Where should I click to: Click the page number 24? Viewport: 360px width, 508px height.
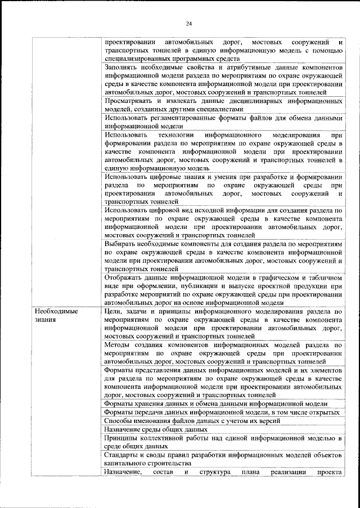[189, 23]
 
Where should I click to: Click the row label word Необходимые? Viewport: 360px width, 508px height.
[56, 311]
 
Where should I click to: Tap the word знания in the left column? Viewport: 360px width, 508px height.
[44, 320]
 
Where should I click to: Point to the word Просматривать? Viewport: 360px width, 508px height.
[130, 101]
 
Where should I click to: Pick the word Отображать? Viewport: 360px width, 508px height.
[125, 278]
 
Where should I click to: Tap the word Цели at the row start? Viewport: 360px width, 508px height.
[114, 311]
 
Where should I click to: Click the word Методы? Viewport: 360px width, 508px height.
[119, 344]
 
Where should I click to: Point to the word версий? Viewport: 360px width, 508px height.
[250, 421]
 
